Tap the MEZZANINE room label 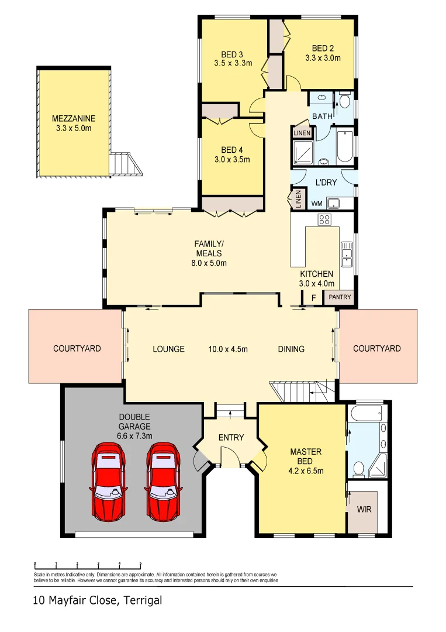[x=73, y=118]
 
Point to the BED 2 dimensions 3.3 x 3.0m [x=323, y=58]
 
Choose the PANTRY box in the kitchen [x=340, y=297]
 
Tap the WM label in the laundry [x=317, y=204]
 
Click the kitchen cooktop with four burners [x=324, y=220]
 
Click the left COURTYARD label [x=77, y=349]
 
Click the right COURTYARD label [x=377, y=349]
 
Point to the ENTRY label [x=231, y=438]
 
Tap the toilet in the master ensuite [x=359, y=468]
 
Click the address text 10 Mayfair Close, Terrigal [x=96, y=600]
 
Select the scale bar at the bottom [x=88, y=565]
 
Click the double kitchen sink [x=347, y=257]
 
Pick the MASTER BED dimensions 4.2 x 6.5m [x=307, y=470]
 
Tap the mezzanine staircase [x=126, y=164]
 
